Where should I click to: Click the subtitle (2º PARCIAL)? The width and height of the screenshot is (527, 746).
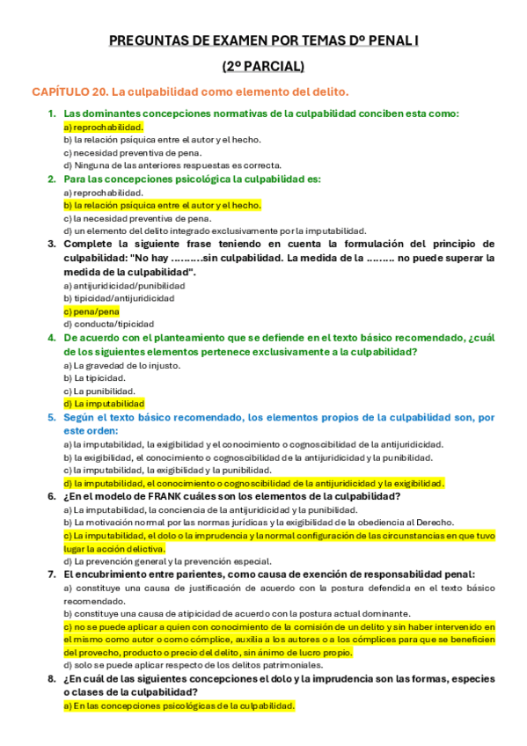[x=263, y=66]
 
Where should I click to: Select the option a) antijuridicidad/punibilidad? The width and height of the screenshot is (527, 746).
[x=124, y=286]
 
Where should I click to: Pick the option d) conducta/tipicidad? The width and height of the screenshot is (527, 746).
[x=108, y=324]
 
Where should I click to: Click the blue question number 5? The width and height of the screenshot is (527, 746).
[x=51, y=418]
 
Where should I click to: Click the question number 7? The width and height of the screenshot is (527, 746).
[x=51, y=574]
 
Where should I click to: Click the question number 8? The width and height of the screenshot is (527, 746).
[x=51, y=679]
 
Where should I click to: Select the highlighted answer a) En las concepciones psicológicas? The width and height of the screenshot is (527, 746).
[x=179, y=706]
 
